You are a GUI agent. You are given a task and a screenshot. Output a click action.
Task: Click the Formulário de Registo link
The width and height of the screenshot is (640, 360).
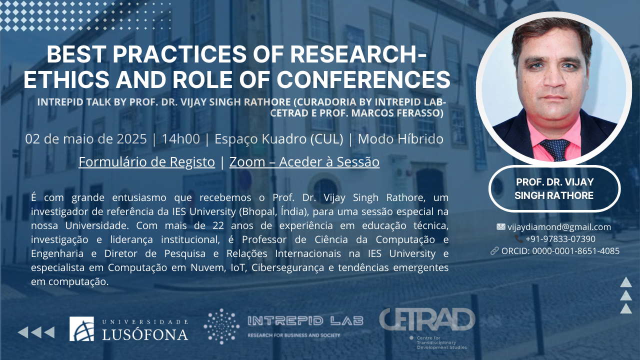click(x=146, y=162)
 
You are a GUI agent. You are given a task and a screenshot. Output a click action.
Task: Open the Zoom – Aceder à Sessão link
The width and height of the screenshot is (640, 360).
click(x=304, y=162)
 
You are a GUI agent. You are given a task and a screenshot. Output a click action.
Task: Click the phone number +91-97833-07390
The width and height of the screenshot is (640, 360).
click(x=560, y=239)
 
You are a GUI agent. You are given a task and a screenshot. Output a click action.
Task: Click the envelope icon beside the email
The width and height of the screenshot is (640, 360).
click(x=501, y=227)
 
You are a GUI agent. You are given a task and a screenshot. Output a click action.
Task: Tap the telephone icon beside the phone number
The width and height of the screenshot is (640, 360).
click(x=518, y=239)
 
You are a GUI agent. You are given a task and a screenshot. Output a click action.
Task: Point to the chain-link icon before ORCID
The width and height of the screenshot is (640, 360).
click(x=494, y=251)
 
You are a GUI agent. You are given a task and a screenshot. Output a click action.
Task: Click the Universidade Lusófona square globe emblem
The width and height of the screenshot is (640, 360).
click(x=81, y=328)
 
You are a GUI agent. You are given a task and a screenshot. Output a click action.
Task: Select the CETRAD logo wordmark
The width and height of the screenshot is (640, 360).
click(x=427, y=319)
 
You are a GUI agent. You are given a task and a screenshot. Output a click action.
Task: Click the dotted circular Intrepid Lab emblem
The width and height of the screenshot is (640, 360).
click(x=221, y=326)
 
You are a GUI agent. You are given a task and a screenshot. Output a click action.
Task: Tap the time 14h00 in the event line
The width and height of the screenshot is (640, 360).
click(x=180, y=139)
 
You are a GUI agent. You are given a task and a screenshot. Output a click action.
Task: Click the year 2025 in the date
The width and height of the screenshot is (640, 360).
click(x=131, y=139)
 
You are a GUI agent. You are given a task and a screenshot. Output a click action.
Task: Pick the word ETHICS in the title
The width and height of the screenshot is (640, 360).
click(x=66, y=79)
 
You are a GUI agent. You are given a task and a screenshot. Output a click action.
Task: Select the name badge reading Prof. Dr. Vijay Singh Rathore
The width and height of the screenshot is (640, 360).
click(x=554, y=189)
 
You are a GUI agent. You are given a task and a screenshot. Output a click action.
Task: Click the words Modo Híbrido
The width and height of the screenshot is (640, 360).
click(x=400, y=139)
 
